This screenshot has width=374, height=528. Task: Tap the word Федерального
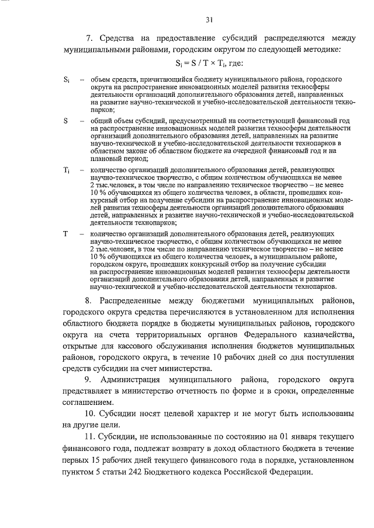pyautogui.click(x=266, y=333)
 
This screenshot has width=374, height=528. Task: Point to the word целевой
pyautogui.click(x=182, y=413)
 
